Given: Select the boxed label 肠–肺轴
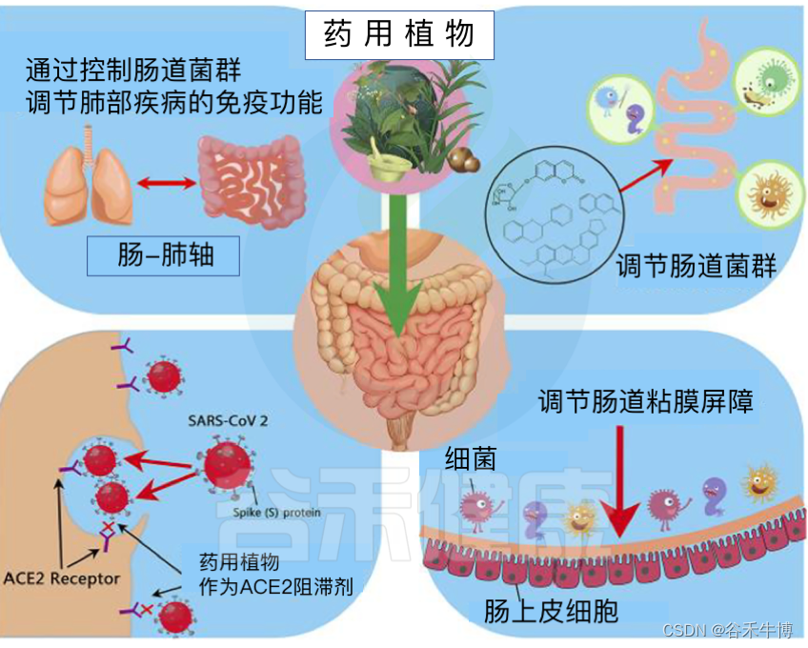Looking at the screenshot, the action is pyautogui.click(x=163, y=255).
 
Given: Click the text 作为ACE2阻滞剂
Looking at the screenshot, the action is pyautogui.click(x=273, y=586).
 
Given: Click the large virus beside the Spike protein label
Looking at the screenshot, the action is pyautogui.click(x=230, y=467).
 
